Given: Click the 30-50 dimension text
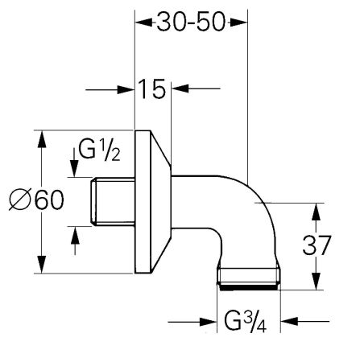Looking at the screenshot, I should (x=190, y=23).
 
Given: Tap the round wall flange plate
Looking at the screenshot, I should (x=150, y=201).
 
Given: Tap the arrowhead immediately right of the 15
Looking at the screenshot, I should (x=179, y=88).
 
